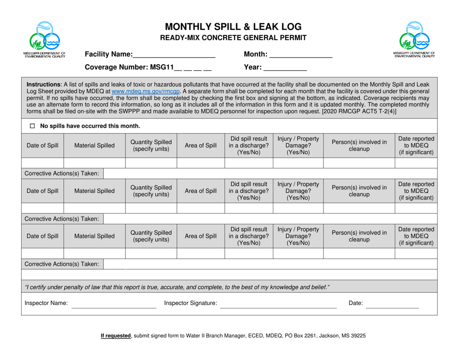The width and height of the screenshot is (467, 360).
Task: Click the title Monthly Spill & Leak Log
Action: point(233,27)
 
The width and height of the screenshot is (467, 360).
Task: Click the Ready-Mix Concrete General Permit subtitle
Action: point(233,38)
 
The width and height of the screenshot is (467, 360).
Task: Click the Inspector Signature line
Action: point(278,305)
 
